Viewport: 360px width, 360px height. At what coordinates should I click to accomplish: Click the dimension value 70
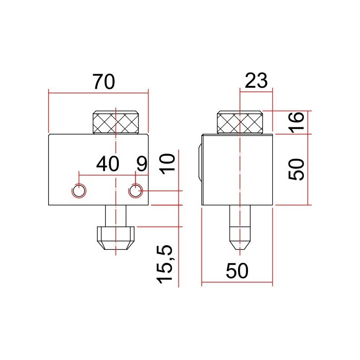(104, 81)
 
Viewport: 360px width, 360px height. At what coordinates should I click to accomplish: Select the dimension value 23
(256, 81)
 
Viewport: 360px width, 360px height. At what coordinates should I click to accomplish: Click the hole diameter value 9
(141, 164)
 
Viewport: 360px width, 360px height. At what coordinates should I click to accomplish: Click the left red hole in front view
(79, 191)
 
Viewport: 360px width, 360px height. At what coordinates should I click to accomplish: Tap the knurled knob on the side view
(239, 122)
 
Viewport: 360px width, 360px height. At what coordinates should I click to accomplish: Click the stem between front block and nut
(116, 216)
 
